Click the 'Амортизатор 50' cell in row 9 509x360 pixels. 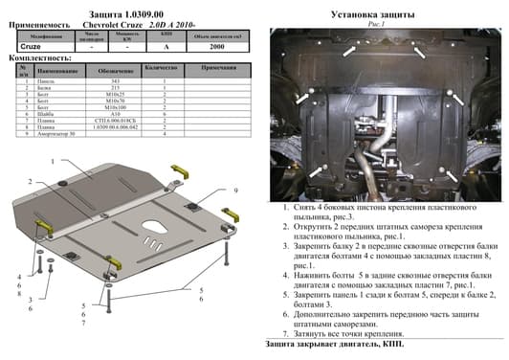click(54, 135)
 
